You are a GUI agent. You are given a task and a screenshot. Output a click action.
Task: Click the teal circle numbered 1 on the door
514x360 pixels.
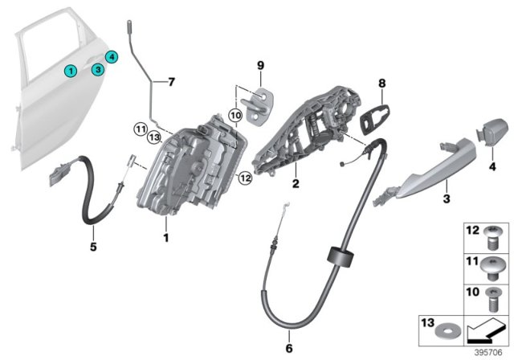coord(71,72)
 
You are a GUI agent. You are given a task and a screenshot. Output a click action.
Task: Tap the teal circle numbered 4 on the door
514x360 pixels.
coord(112,56)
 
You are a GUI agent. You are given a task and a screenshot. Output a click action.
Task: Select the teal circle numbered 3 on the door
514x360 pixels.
coord(96,70)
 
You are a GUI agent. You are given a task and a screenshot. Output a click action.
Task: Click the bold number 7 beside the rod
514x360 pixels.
coord(169,82)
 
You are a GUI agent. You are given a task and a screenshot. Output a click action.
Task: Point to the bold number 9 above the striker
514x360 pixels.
coord(260,65)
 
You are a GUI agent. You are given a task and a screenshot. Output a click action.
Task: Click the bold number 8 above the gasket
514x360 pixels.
coord(382,83)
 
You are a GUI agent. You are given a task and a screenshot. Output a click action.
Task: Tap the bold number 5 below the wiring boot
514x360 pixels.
coord(92,247)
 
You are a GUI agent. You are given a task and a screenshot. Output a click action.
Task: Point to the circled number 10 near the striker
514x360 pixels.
coord(235,116)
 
